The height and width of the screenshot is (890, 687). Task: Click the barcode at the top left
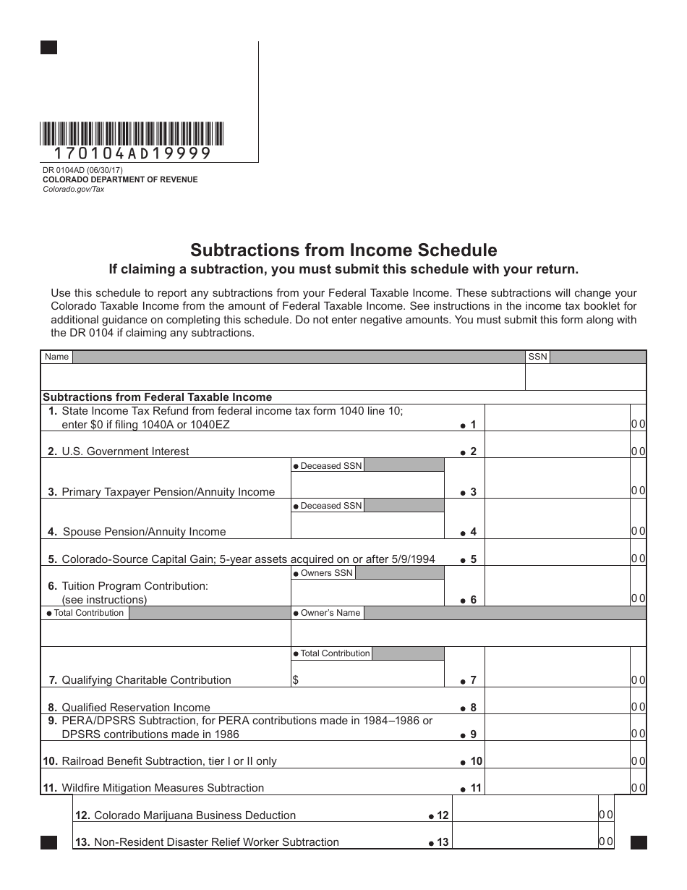tap(132, 134)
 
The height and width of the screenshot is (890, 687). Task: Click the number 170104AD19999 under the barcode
tap(132, 153)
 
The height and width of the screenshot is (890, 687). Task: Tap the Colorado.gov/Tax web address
tap(73, 189)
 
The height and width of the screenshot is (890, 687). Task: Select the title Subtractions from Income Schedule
tap(343, 250)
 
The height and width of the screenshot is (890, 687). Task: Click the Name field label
tap(56, 357)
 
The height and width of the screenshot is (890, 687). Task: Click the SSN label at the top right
tap(537, 357)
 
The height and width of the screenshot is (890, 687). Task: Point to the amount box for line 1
tap(556, 418)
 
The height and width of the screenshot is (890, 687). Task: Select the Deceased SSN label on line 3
tap(328, 466)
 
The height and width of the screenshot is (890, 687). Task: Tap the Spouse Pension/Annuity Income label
tap(144, 532)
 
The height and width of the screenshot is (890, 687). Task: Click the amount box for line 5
tap(556, 553)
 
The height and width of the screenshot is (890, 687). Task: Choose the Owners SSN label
tap(323, 573)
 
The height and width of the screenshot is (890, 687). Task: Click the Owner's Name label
tap(327, 613)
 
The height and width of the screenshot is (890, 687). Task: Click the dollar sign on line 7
tap(295, 680)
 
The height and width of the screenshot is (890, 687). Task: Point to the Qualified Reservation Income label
tap(135, 708)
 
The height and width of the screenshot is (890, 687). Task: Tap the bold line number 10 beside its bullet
tap(476, 761)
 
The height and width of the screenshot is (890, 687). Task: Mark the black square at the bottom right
tap(639, 842)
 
